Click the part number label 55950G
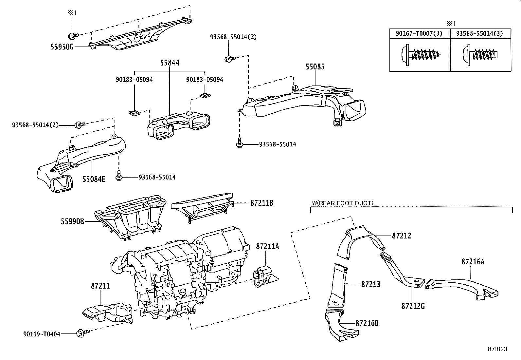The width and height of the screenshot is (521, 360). tap(62, 47)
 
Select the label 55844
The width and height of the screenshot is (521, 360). tap(170, 63)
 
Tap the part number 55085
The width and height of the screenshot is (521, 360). tap(315, 67)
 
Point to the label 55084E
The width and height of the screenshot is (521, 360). tap(94, 179)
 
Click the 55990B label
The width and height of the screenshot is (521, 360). tap(72, 221)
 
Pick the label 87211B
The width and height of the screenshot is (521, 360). tap(261, 203)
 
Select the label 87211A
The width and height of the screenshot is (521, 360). tap(267, 246)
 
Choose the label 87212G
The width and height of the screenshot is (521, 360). tap(413, 306)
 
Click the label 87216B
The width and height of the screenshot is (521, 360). tap(367, 323)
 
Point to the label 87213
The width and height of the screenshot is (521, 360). tap(371, 284)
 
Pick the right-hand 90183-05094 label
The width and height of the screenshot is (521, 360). tap(205, 80)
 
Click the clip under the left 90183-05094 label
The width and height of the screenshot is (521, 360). tap(134, 113)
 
